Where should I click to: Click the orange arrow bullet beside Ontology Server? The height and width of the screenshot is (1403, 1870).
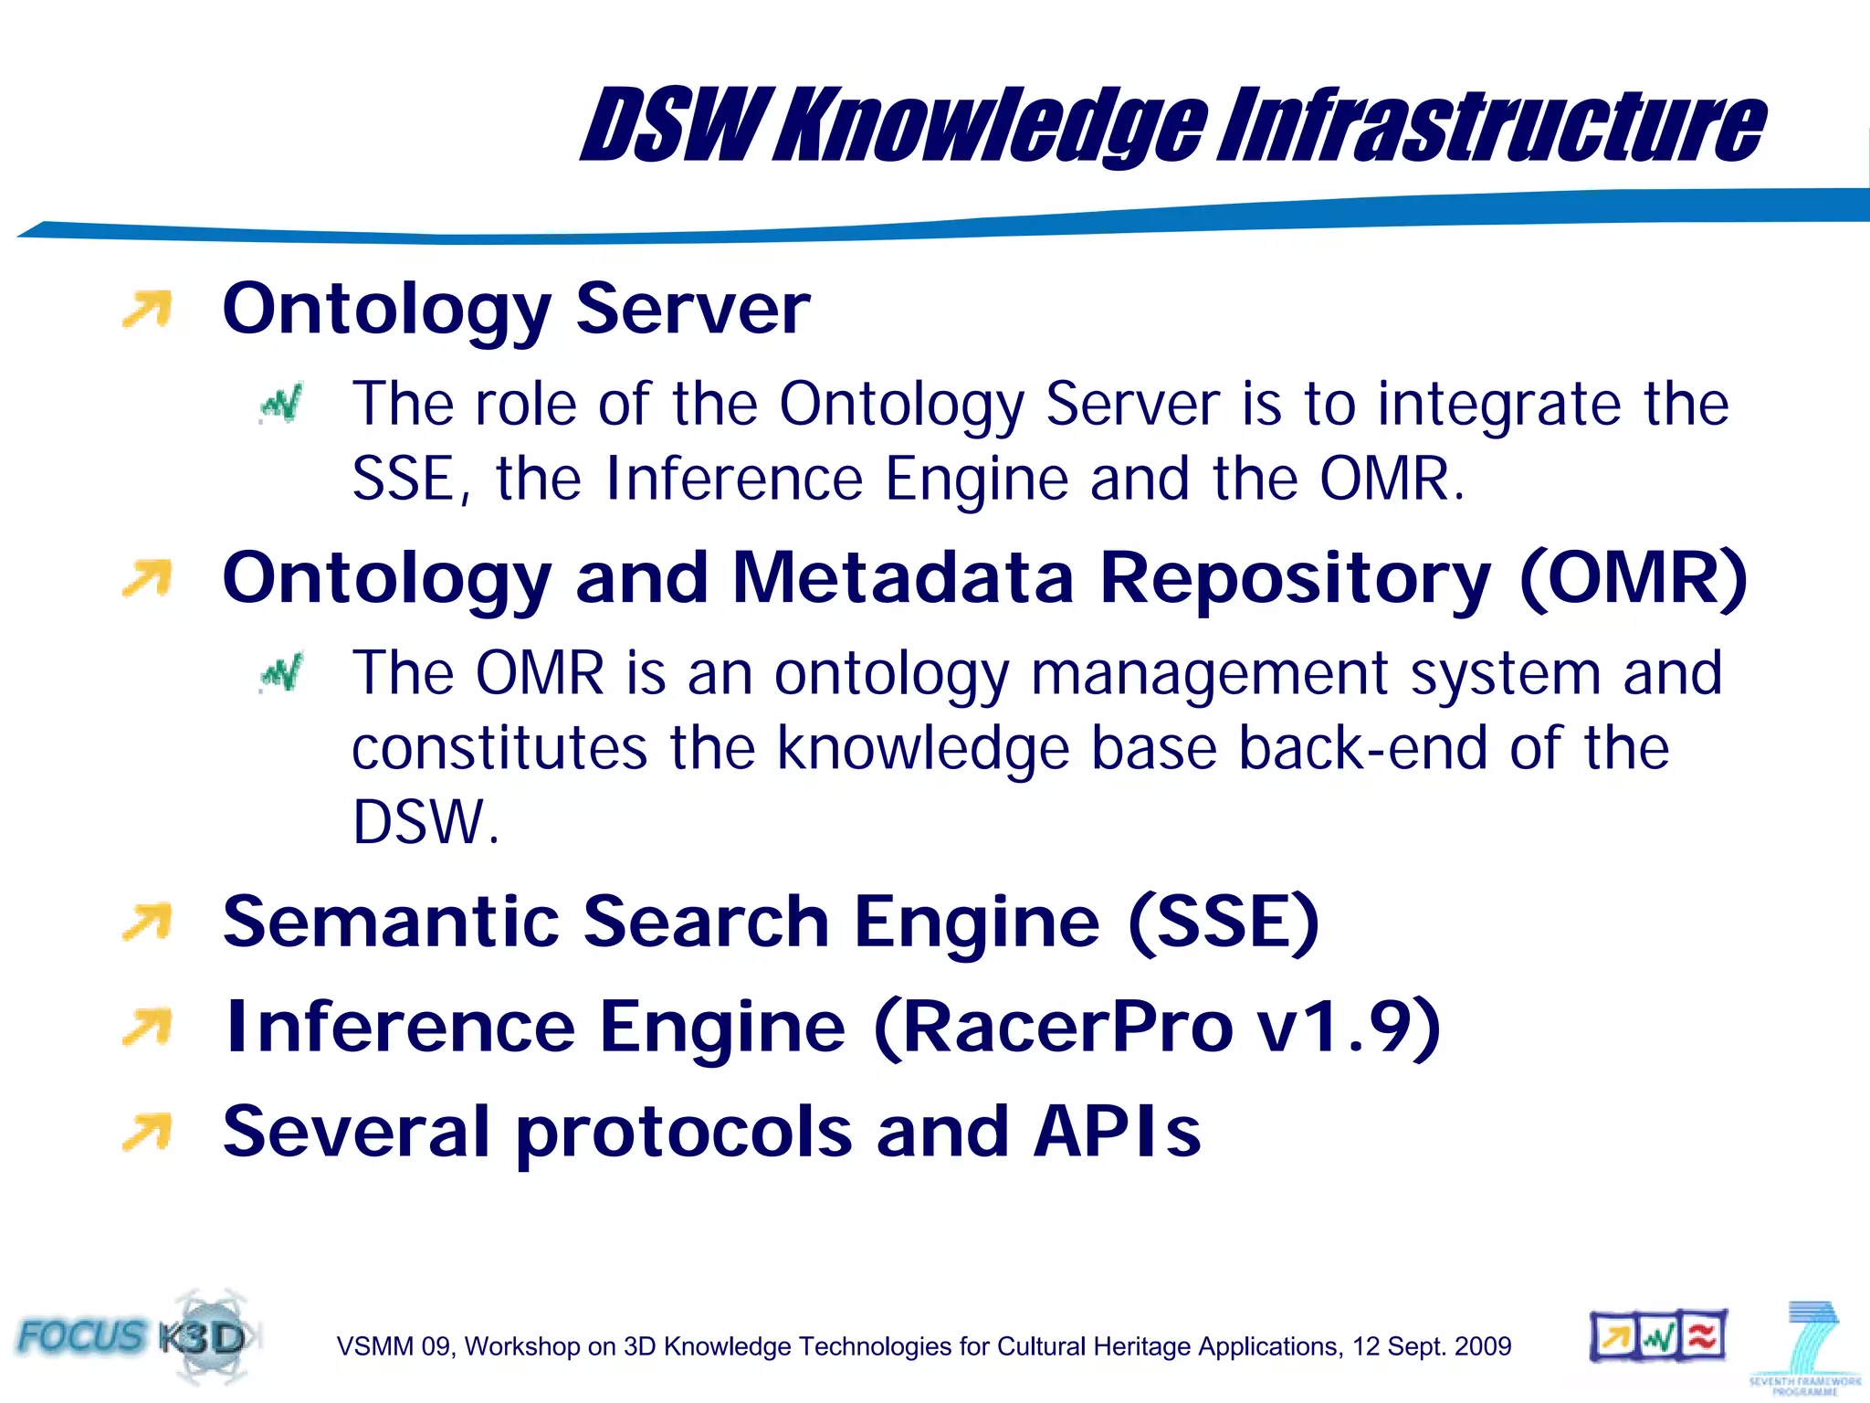(148, 309)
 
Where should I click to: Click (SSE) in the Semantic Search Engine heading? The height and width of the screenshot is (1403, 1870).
(1224, 922)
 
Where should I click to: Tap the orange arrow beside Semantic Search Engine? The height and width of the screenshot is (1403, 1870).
(148, 922)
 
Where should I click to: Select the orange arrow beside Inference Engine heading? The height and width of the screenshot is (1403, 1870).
(148, 1028)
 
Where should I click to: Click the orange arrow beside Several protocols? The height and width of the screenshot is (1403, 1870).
(148, 1132)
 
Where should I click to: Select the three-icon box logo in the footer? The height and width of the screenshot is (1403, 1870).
(1658, 1337)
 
